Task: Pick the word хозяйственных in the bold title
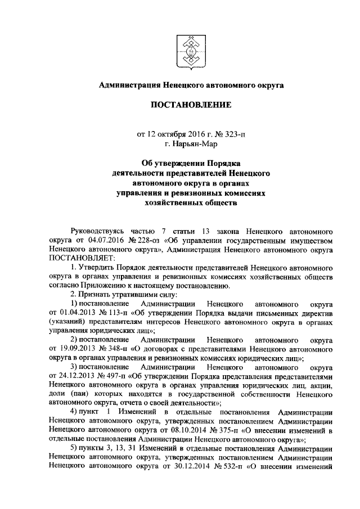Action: coord(173,204)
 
